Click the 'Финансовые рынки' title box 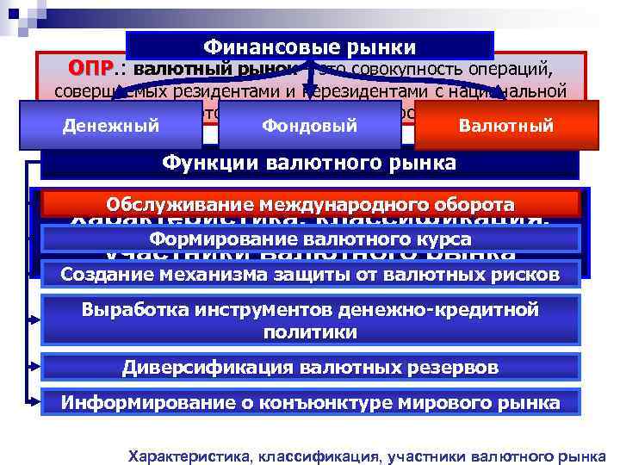(x=310, y=46)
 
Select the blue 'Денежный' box (x=111, y=126)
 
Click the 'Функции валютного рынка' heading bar (x=310, y=164)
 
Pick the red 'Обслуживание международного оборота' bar (x=310, y=205)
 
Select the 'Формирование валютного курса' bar (x=310, y=239)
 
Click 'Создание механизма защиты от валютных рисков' (x=310, y=274)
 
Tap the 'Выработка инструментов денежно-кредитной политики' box (x=310, y=319)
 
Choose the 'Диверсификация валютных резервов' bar (x=310, y=368)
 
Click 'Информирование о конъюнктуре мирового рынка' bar (x=310, y=402)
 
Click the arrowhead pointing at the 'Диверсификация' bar (x=36, y=368)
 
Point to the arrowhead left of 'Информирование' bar (x=36, y=402)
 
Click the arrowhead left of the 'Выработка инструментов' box (x=36, y=319)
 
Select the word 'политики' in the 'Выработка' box (x=310, y=332)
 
